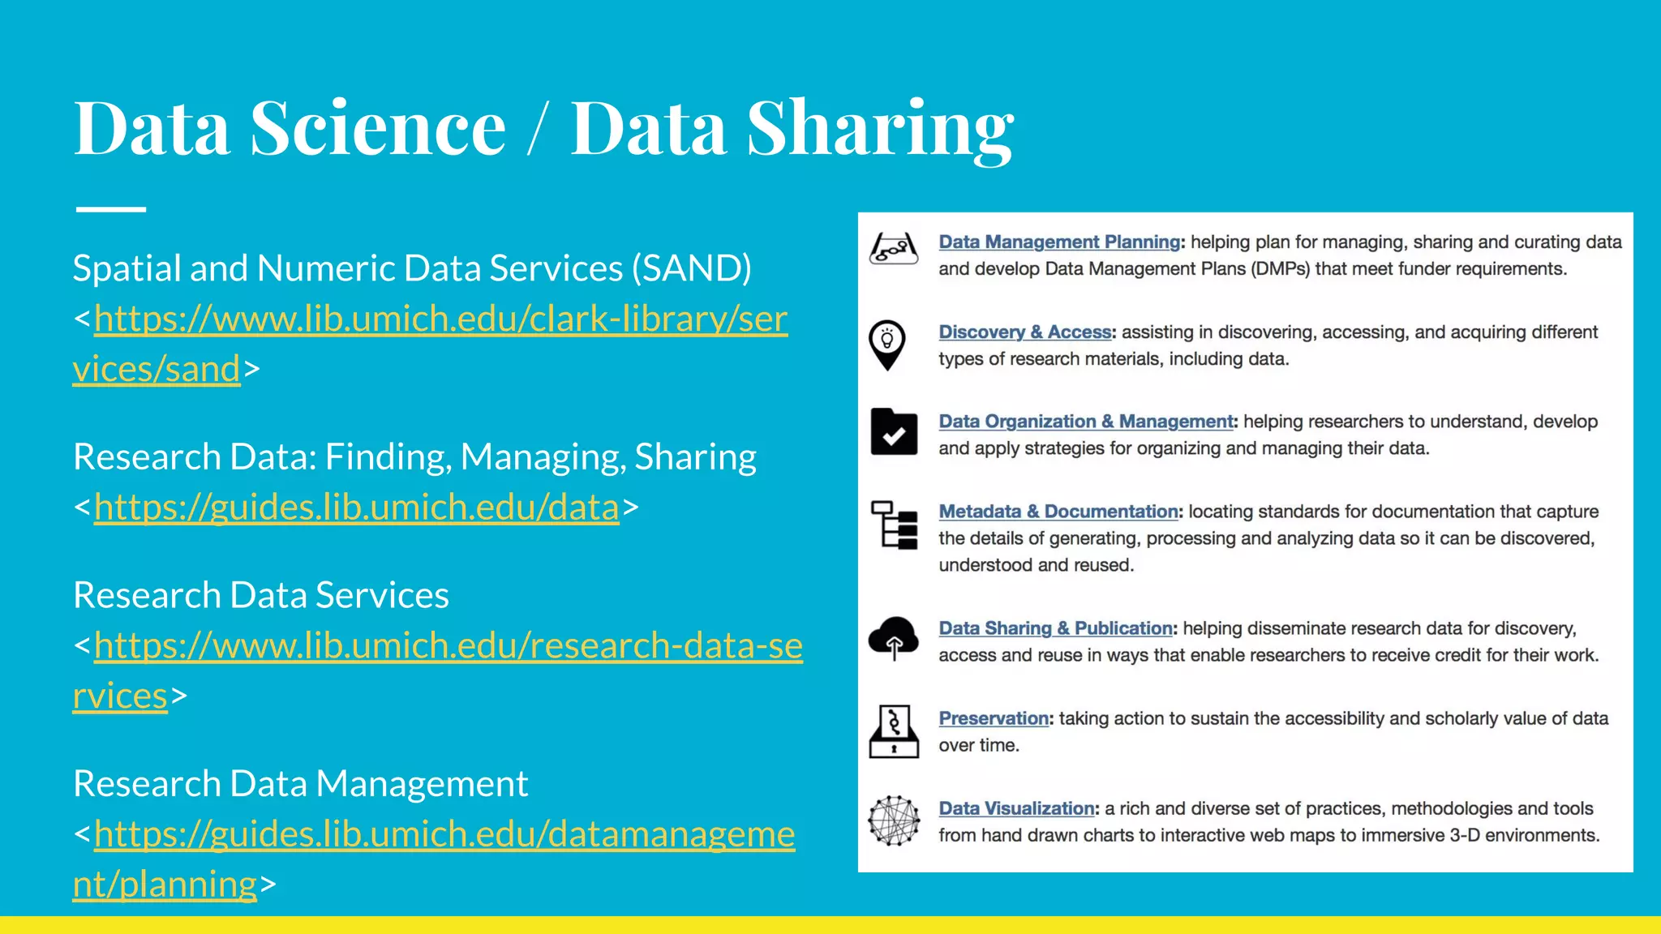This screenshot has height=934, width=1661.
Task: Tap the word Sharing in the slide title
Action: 879,130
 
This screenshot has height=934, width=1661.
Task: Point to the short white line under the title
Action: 111,209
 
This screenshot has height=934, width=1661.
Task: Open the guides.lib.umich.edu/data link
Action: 357,508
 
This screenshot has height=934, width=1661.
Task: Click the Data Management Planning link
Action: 1059,242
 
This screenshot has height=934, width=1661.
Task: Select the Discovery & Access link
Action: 1024,332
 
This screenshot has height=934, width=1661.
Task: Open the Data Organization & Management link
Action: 1085,422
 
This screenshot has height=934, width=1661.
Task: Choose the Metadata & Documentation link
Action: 1058,512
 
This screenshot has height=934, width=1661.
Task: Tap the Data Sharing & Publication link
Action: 1055,628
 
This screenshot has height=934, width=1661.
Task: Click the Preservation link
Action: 994,718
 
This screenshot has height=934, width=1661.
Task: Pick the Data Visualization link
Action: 1016,808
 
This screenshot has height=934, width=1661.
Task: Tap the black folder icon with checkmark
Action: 894,432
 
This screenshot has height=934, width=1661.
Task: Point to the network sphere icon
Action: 894,820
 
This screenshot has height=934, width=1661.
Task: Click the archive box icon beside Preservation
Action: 894,731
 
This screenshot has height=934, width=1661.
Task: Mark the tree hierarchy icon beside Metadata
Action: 894,525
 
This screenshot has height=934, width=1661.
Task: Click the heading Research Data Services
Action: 261,595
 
